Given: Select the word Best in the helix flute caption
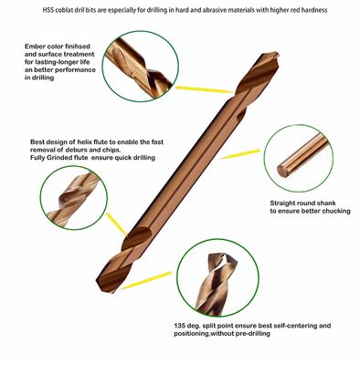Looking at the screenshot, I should tap(36, 142).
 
